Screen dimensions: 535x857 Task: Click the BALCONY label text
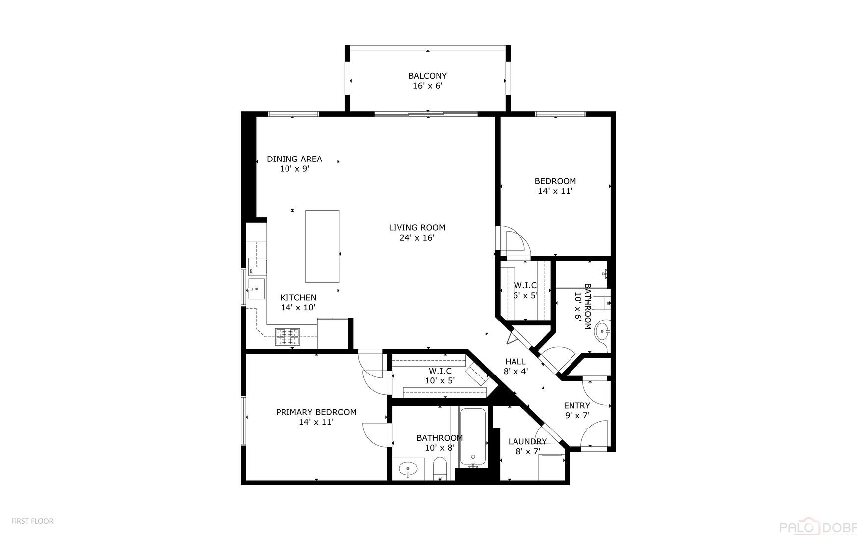click(427, 76)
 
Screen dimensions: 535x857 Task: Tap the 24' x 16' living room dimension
click(417, 238)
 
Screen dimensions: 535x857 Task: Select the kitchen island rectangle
click(322, 246)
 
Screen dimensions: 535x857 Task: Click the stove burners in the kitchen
click(288, 337)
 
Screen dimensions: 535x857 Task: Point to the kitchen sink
click(256, 289)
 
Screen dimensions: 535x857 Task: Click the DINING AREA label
click(294, 159)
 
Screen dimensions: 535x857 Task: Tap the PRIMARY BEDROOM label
click(316, 412)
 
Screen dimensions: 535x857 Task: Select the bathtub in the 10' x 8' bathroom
click(473, 436)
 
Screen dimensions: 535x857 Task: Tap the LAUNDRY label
click(527, 442)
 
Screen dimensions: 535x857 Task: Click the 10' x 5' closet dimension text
click(440, 381)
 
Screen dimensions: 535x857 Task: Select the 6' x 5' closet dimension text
click(525, 296)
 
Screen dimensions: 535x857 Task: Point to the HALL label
click(515, 362)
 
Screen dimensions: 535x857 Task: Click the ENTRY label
click(577, 406)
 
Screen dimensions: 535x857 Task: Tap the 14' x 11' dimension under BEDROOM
click(555, 191)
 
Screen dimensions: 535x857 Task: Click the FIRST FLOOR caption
click(32, 521)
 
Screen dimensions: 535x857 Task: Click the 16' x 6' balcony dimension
click(427, 86)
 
